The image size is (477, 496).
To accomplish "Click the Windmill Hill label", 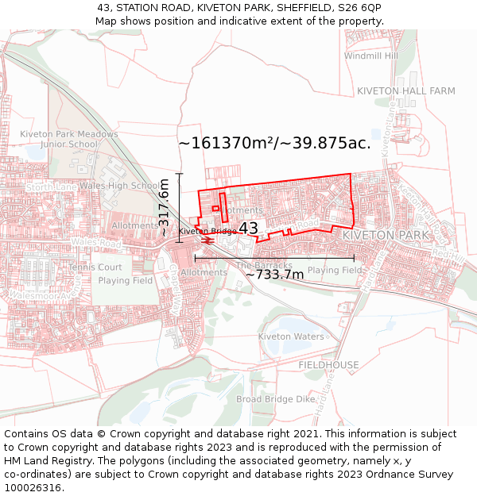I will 371,56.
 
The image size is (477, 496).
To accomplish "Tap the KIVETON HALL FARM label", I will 405,91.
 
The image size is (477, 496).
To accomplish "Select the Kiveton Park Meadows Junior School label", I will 69,140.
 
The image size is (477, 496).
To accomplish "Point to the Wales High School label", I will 119,186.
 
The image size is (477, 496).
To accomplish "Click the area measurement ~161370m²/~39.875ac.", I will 274,143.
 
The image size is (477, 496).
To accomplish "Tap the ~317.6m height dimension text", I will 165,208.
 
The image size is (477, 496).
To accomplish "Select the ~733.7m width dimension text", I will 274,275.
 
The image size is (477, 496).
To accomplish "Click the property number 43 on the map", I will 248,229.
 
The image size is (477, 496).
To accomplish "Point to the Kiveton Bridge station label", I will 207,231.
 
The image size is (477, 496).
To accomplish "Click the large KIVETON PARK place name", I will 385,236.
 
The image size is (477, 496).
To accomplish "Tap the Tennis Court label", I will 95,267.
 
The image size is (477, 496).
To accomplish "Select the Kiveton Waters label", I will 291,336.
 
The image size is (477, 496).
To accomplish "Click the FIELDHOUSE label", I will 328,365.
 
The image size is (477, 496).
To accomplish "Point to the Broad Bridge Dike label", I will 276,399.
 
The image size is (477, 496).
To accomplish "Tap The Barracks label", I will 264,265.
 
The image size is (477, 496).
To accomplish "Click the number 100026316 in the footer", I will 32,487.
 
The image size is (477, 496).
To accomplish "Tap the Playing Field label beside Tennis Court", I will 126,281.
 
